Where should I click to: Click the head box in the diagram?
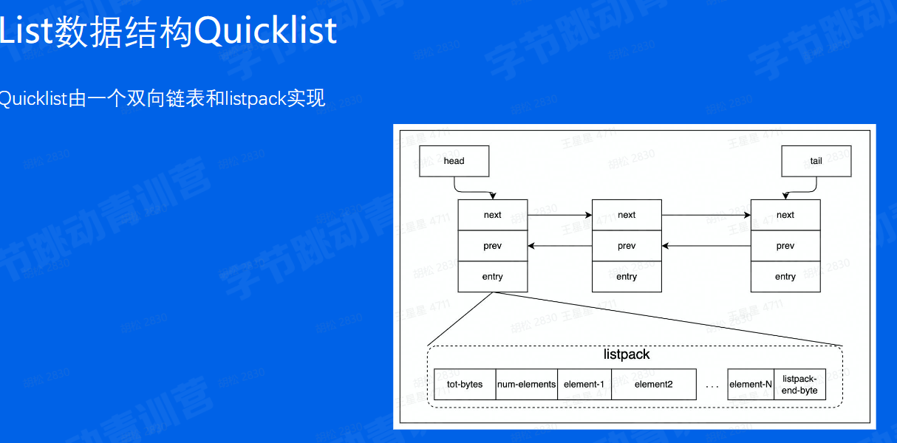tap(454, 161)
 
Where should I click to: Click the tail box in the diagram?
tap(816, 161)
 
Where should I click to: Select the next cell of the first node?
tap(492, 215)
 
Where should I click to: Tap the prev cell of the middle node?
tap(627, 246)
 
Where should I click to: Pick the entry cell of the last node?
tap(785, 277)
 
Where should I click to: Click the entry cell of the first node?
tap(492, 277)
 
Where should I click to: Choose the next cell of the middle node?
tap(627, 215)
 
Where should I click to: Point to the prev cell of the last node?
tap(785, 246)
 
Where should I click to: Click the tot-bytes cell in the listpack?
tap(465, 385)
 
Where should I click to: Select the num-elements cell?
tap(526, 385)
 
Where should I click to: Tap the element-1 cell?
tap(584, 385)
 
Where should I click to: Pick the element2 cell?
tap(653, 385)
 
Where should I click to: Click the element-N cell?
tap(750, 385)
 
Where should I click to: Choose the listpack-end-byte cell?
tap(799, 385)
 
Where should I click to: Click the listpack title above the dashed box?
tap(627, 354)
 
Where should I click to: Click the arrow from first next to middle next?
tap(560, 215)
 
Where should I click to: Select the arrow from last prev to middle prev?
tap(706, 246)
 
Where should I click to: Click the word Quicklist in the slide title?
tap(266, 32)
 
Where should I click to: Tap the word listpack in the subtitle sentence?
tap(255, 99)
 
